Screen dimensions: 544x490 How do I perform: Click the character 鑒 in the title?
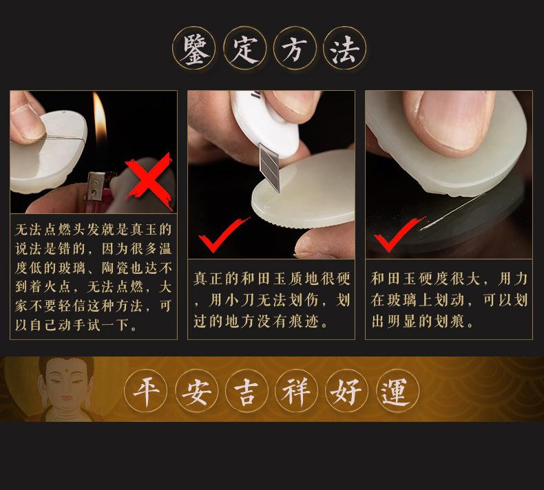pyautogui.click(x=194, y=49)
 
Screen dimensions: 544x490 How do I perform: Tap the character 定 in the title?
pyautogui.click(x=245, y=49)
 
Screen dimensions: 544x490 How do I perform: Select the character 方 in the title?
pyautogui.click(x=295, y=49)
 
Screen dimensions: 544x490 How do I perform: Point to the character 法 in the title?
pyautogui.click(x=344, y=49)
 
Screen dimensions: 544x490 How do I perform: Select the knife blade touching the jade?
pyautogui.click(x=269, y=167)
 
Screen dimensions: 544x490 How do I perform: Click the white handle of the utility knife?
pyautogui.click(x=264, y=123)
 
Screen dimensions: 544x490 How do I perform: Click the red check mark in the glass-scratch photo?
pyautogui.click(x=398, y=234)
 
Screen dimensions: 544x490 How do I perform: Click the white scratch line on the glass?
pyautogui.click(x=451, y=212)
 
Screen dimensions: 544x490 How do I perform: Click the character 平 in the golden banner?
pyautogui.click(x=146, y=391)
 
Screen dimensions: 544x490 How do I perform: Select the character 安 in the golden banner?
pyautogui.click(x=197, y=391)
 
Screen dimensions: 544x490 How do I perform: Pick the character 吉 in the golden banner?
pyautogui.click(x=247, y=391)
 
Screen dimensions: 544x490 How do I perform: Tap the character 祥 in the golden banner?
pyautogui.click(x=296, y=391)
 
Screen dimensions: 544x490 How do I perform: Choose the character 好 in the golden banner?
pyautogui.click(x=346, y=391)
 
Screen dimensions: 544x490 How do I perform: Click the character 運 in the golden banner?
pyautogui.click(x=396, y=391)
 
